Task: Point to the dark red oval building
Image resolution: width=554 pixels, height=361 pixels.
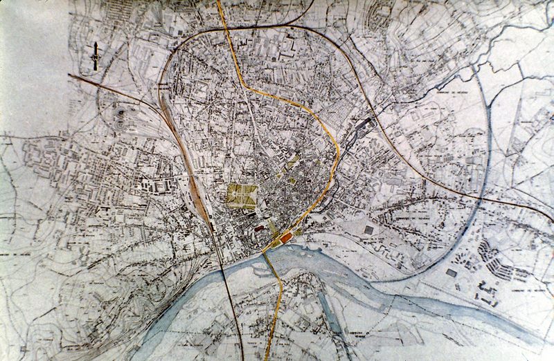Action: pos(259,226)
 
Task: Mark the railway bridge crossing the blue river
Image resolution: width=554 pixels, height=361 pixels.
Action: pos(225,275)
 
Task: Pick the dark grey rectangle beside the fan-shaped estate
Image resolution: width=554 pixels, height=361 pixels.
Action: pos(452,273)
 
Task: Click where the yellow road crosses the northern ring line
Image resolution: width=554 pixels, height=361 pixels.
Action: pos(226,30)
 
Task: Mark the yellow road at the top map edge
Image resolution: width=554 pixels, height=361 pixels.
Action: pos(220,3)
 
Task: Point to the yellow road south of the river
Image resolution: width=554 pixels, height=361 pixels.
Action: pos(279,304)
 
